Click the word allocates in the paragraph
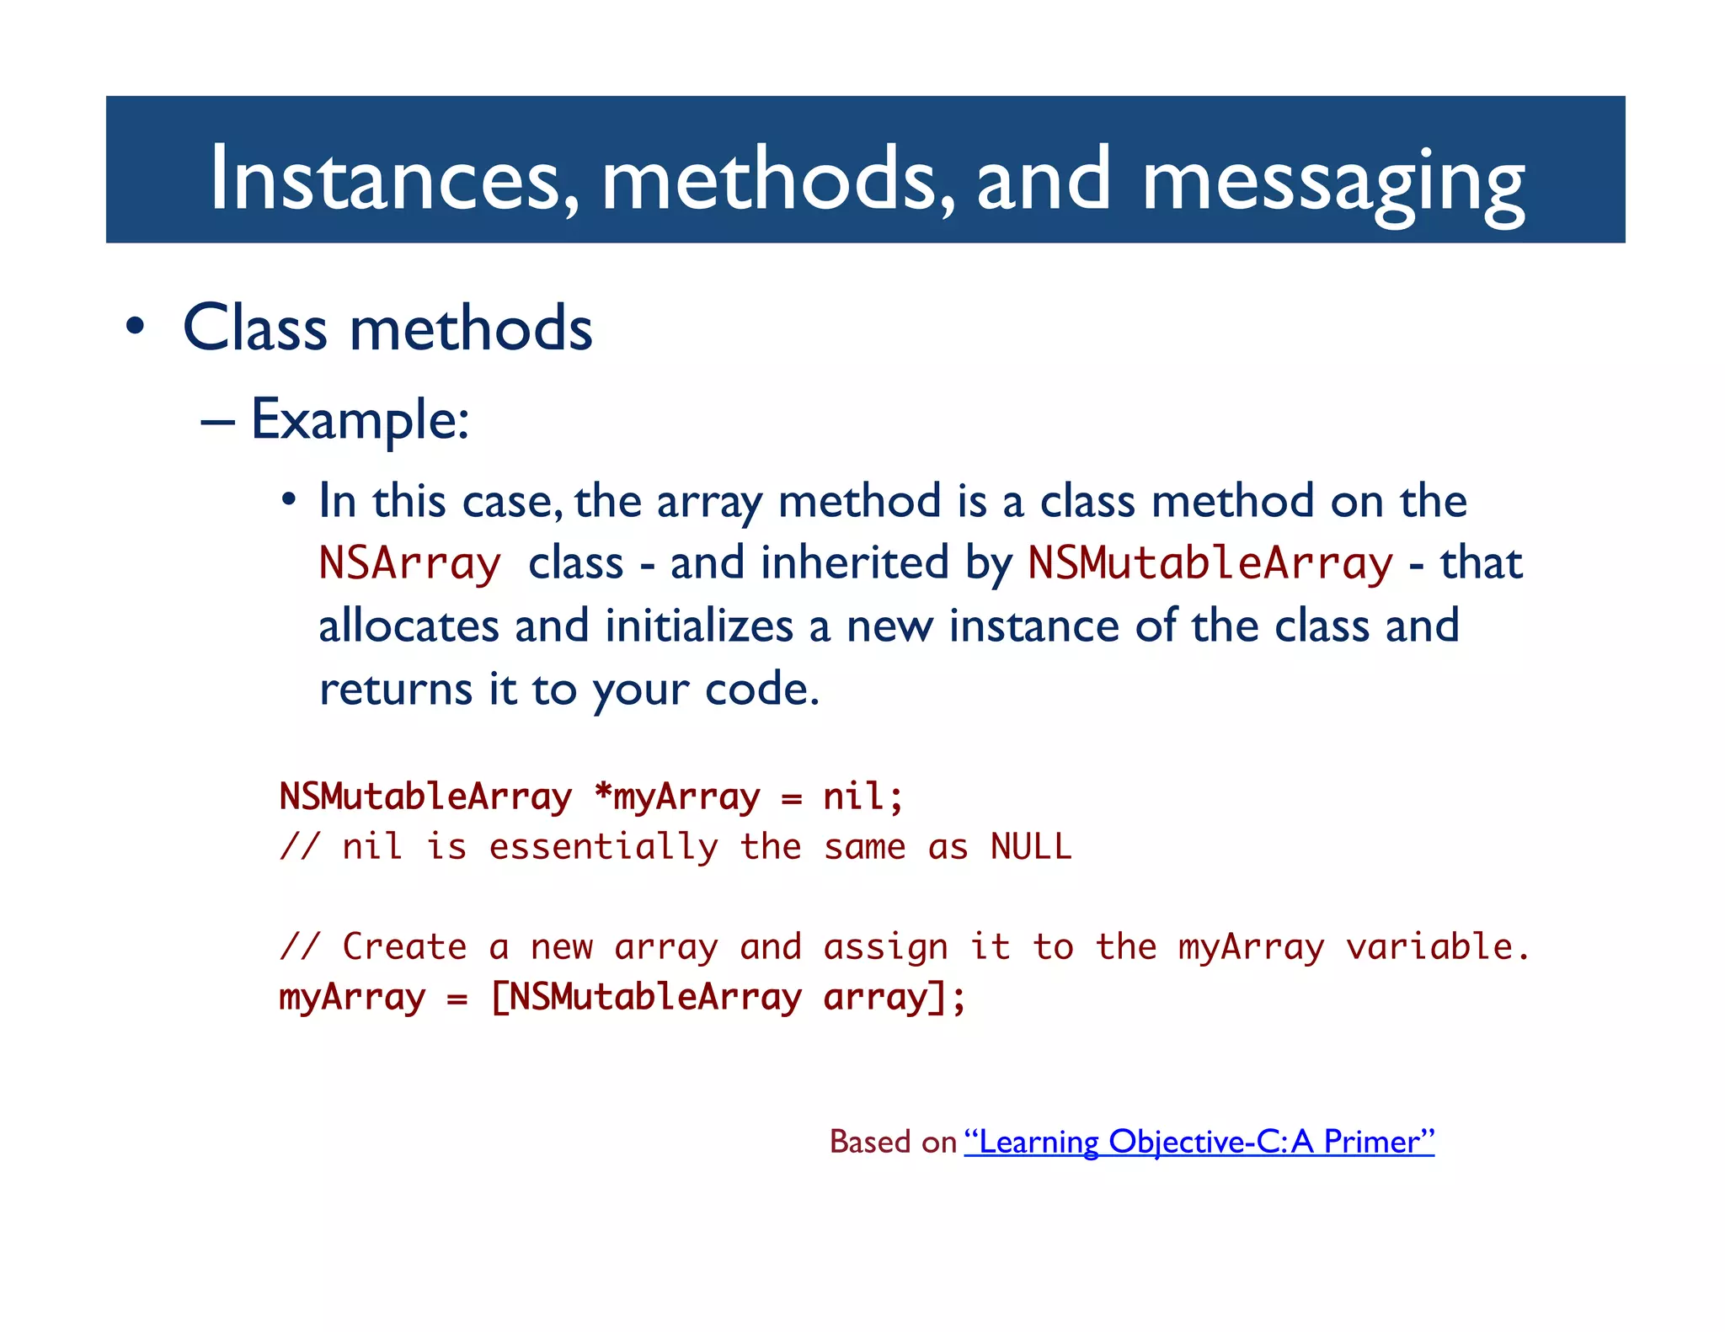click(409, 626)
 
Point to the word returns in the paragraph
click(396, 689)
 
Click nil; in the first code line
click(862, 797)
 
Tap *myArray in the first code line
click(677, 797)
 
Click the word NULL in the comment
click(1031, 847)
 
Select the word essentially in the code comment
click(603, 847)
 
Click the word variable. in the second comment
click(1437, 947)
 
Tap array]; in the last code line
click(895, 998)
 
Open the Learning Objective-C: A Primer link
click(1199, 1142)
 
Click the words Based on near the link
click(893, 1142)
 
